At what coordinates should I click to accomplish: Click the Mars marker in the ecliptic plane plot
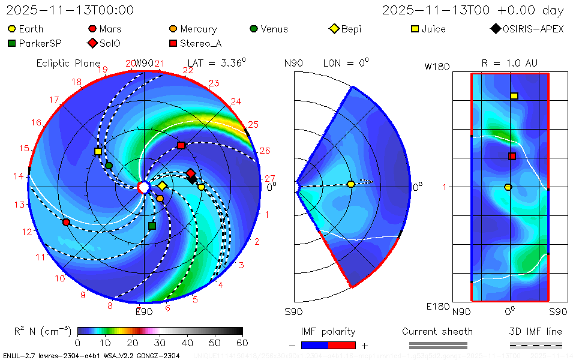tap(66, 222)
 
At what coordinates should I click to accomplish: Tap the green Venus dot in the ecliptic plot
tap(109, 165)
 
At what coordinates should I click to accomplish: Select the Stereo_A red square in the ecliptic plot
tap(181, 145)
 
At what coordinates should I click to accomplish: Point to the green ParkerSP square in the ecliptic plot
tap(152, 226)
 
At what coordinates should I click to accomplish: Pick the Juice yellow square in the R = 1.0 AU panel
tap(514, 96)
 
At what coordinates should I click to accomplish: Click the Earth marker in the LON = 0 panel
tap(351, 184)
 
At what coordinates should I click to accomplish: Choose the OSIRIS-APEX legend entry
tap(527, 29)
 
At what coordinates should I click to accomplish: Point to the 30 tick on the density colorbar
tap(160, 343)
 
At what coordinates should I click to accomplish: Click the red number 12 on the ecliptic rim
tap(27, 232)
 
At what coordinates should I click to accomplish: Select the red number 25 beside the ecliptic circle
tap(253, 124)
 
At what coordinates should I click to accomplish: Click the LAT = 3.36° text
tap(217, 62)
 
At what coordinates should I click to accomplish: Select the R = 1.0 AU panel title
tap(509, 63)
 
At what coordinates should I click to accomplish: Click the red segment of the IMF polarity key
tap(343, 345)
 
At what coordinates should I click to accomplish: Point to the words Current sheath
tap(437, 331)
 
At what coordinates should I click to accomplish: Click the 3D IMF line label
tap(535, 331)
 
